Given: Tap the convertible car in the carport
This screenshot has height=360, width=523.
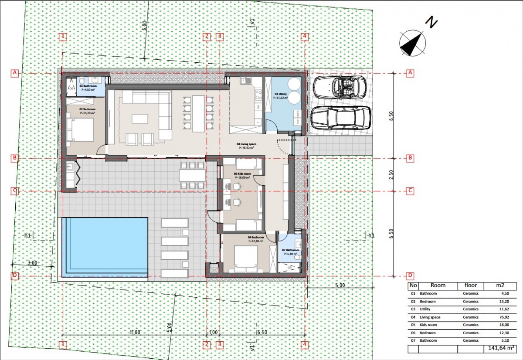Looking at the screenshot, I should point(340,87).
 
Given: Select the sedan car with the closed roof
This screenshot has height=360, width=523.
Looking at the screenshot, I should point(340,118).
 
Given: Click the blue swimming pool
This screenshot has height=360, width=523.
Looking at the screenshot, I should point(105,246).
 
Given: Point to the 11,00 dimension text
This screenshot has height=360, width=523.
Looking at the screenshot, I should point(135,332).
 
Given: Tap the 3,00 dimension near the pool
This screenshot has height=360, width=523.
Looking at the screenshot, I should point(32,263).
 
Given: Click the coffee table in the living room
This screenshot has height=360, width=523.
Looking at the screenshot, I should point(140,118).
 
